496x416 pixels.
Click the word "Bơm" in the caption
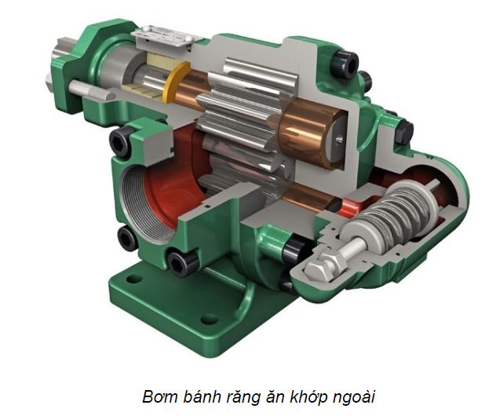click(x=161, y=396)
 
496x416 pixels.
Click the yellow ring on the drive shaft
click(x=174, y=82)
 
